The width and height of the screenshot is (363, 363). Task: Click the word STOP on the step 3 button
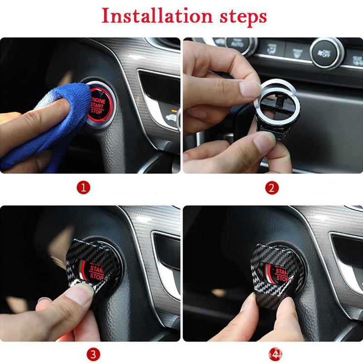96,276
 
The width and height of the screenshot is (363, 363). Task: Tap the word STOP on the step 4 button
281,278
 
